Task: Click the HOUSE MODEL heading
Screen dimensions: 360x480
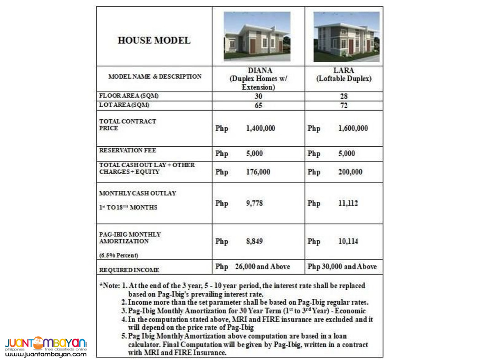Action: pyautogui.click(x=154, y=40)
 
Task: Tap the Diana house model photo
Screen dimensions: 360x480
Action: pyautogui.click(x=257, y=37)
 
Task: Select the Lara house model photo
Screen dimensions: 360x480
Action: pyautogui.click(x=346, y=37)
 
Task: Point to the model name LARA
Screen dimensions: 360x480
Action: pyautogui.click(x=344, y=71)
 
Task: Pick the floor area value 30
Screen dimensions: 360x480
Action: pyautogui.click(x=258, y=96)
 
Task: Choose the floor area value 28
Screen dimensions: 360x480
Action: pyautogui.click(x=344, y=96)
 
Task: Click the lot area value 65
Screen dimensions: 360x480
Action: pyautogui.click(x=258, y=106)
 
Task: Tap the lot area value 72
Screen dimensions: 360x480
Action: pyautogui.click(x=344, y=106)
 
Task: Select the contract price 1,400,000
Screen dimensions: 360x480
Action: pyautogui.click(x=261, y=128)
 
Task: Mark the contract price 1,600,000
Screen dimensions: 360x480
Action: pyautogui.click(x=353, y=128)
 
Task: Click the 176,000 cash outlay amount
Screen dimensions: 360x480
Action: pyautogui.click(x=258, y=172)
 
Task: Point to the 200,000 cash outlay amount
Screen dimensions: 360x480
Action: pyautogui.click(x=350, y=172)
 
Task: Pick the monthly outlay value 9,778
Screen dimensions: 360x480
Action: pyautogui.click(x=255, y=203)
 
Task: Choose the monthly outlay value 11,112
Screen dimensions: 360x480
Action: pyautogui.click(x=348, y=203)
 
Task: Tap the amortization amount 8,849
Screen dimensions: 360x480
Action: pyautogui.click(x=255, y=241)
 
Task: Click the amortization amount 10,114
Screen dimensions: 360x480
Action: pyautogui.click(x=348, y=241)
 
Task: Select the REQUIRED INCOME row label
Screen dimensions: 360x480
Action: pyautogui.click(x=129, y=270)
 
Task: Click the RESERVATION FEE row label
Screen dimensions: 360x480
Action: pyautogui.click(x=128, y=150)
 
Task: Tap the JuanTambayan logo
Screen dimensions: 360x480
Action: pyautogui.click(x=46, y=346)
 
